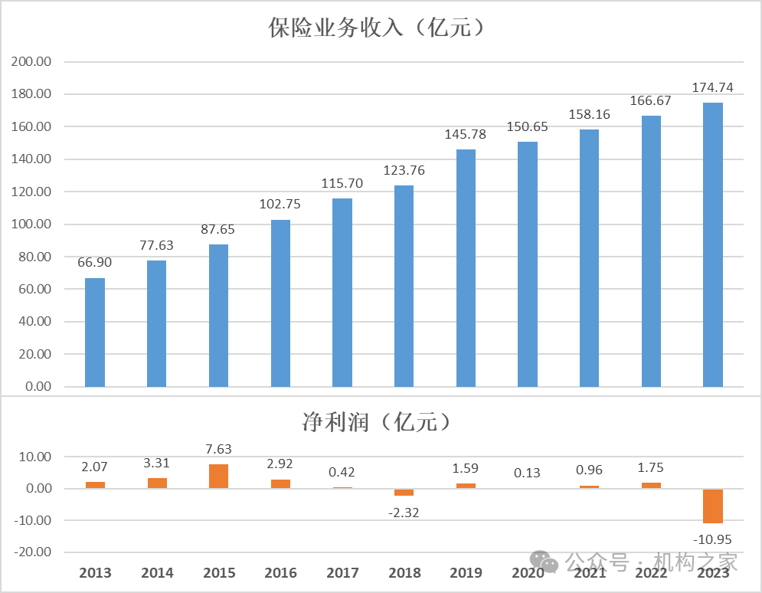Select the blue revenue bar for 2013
click(95, 333)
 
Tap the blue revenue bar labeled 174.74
click(713, 245)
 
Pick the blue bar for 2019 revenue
click(466, 268)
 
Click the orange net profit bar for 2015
click(218, 476)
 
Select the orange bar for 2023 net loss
click(713, 506)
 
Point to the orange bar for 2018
click(404, 492)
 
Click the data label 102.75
click(280, 205)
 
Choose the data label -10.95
click(713, 539)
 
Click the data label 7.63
click(218, 449)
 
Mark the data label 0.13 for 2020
click(528, 473)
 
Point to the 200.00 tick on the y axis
click(32, 62)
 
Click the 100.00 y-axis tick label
click(32, 224)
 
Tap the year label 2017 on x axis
click(342, 573)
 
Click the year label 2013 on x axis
click(95, 573)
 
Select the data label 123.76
click(404, 170)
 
